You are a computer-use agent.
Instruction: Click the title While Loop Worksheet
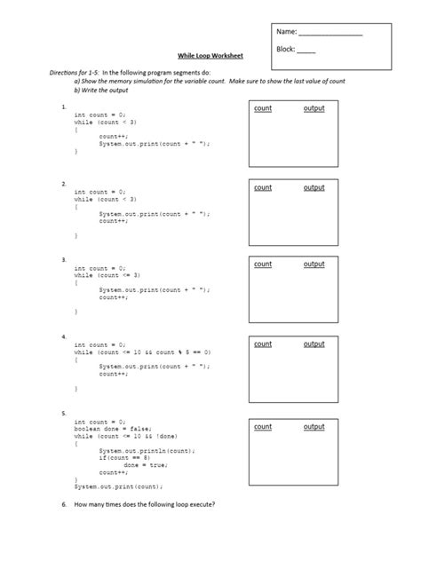click(200, 56)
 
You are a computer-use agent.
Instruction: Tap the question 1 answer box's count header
click(262, 108)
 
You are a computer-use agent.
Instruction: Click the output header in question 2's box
click(314, 188)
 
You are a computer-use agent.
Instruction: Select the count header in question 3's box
click(262, 265)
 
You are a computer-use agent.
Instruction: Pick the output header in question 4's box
click(314, 344)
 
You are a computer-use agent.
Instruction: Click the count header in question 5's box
click(262, 427)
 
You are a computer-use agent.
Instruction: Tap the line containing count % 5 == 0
click(142, 352)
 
